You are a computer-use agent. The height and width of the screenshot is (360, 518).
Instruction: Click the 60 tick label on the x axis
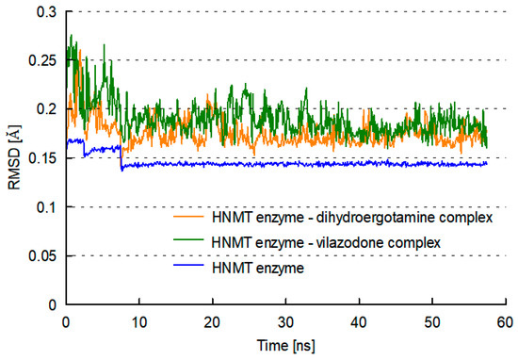(506, 322)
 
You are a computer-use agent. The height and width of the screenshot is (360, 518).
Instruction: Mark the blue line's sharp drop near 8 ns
(121, 158)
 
